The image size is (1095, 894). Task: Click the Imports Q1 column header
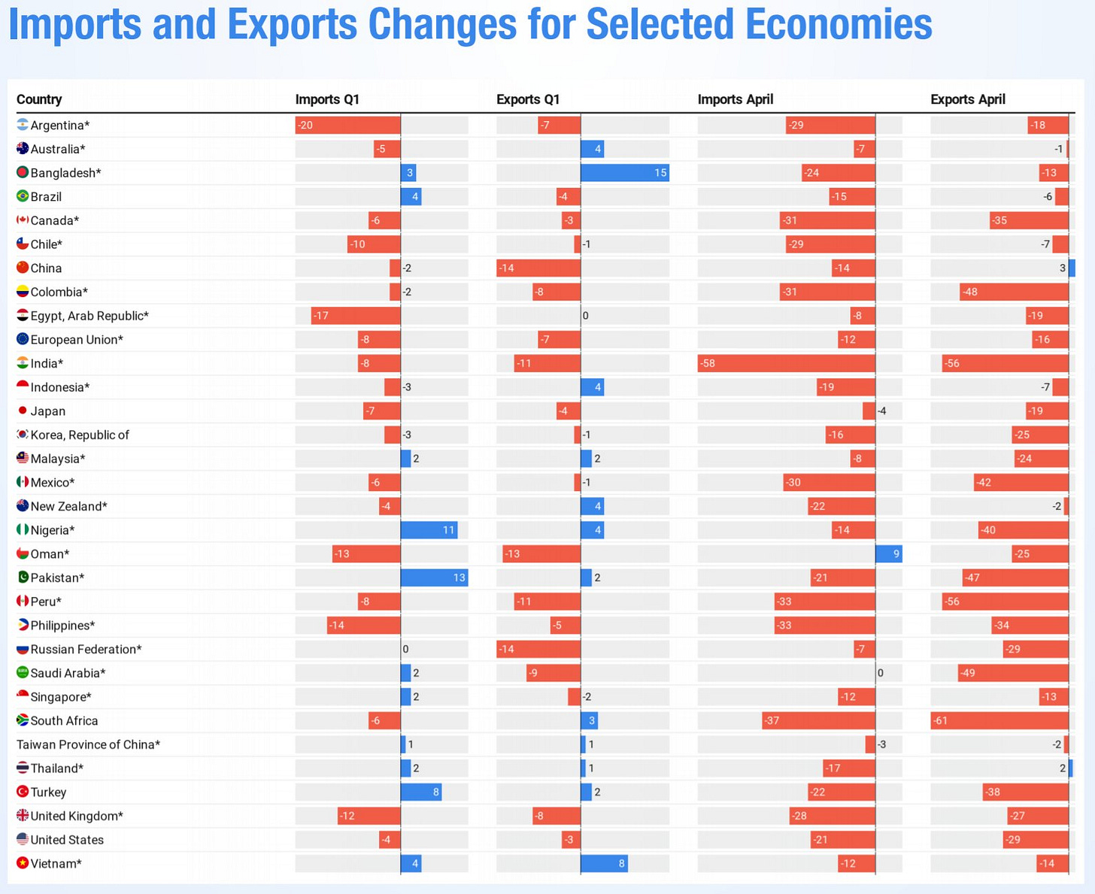327,99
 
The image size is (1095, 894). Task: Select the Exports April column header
967,99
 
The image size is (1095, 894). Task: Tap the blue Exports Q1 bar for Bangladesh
624,173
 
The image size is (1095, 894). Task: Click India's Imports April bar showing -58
786,363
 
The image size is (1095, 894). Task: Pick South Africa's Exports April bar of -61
999,720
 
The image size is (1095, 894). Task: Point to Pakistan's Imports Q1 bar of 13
433,577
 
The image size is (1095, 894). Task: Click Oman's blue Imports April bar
888,554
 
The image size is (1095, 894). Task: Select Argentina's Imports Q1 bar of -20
347,126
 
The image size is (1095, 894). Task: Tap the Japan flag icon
23,411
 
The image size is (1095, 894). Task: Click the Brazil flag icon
23,196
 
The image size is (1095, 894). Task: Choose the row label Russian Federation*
86,649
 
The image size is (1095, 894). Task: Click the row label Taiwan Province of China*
88,744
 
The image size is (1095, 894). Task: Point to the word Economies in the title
839,24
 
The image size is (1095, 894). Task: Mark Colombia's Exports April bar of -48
1014,292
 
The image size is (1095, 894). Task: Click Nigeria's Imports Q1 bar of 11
429,530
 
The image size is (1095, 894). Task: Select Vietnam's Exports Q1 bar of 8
604,863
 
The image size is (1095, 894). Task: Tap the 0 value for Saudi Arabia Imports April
881,673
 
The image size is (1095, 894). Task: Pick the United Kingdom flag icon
23,816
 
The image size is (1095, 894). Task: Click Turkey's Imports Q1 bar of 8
420,792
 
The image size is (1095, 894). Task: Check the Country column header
39,99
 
